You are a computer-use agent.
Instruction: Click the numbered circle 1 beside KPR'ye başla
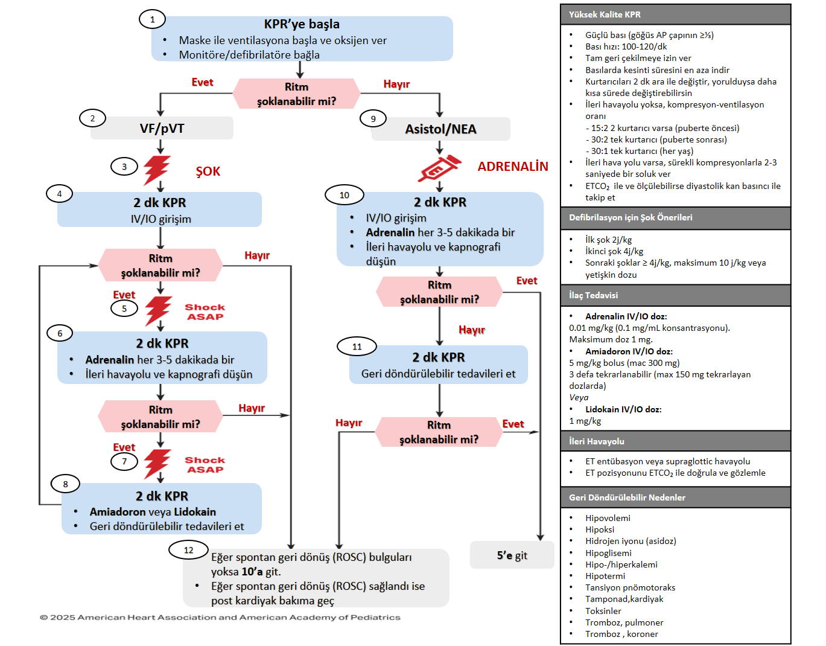[x=152, y=19]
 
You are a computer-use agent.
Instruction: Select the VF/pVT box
[x=162, y=129]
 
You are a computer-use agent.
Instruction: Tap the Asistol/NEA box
[x=440, y=129]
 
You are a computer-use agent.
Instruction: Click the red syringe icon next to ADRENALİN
[x=440, y=168]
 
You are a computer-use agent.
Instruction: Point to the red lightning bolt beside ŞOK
[x=157, y=170]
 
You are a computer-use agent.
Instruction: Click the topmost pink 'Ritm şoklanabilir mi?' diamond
[x=296, y=94]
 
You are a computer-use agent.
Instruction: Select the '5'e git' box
[x=512, y=555]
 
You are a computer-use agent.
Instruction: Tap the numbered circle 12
[x=188, y=550]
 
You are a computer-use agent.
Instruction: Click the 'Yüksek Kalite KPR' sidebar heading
[x=605, y=14]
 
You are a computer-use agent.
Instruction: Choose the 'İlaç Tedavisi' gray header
[x=593, y=295]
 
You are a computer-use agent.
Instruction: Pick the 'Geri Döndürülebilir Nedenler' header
[x=627, y=497]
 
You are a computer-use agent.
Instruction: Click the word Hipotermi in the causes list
[x=605, y=576]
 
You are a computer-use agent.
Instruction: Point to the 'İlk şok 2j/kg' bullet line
[x=608, y=240]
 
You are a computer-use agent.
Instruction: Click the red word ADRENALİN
[x=513, y=167]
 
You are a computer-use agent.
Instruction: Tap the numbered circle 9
[x=373, y=118]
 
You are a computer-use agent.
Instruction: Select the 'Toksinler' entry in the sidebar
[x=603, y=611]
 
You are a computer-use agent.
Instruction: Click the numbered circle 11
[x=357, y=347]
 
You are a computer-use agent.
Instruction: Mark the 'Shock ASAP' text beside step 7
[x=205, y=465]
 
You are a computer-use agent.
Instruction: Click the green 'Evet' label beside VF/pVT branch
[x=202, y=82]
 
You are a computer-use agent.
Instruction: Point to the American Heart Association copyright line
[x=220, y=617]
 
